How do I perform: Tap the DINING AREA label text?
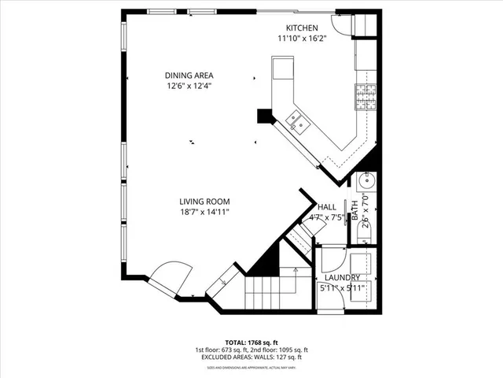tap(189, 76)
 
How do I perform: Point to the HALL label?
tap(326, 207)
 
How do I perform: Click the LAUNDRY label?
tap(342, 277)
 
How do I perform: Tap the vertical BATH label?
tap(354, 209)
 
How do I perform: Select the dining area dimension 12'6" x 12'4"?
tap(189, 86)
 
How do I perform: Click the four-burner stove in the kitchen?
tap(365, 97)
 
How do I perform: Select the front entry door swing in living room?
tap(169, 279)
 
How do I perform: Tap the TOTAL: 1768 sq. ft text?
tap(251, 341)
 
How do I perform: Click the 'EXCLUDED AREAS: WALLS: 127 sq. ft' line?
tap(251, 358)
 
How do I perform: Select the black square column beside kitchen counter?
tap(263, 116)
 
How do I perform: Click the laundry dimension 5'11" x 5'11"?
tap(342, 288)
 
